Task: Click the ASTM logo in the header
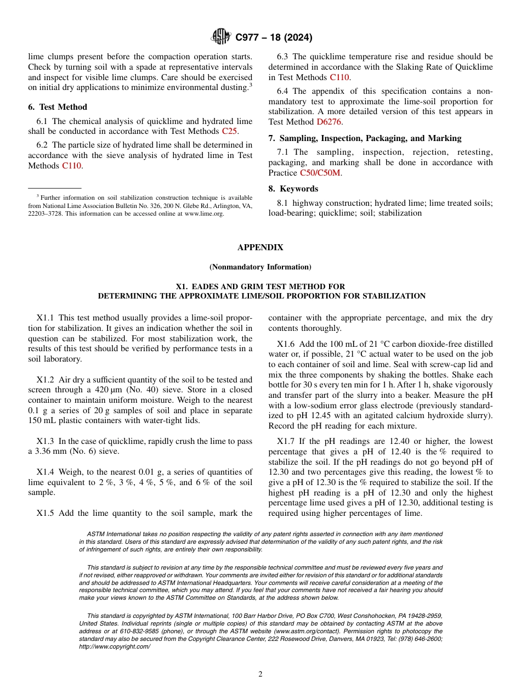[x=221, y=37]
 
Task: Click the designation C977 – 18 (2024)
[x=274, y=38]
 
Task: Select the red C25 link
[x=229, y=131]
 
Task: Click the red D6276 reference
[x=330, y=122]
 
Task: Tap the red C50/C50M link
[x=320, y=172]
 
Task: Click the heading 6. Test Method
[x=58, y=107]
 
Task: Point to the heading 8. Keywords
[x=293, y=189]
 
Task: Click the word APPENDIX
[x=260, y=247]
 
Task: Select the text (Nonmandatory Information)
[x=260, y=267]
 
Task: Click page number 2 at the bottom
[x=260, y=674]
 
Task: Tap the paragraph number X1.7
[x=285, y=441]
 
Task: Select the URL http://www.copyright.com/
[x=114, y=647]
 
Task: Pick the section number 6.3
[x=283, y=57]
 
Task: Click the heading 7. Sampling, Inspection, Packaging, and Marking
[x=365, y=138]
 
